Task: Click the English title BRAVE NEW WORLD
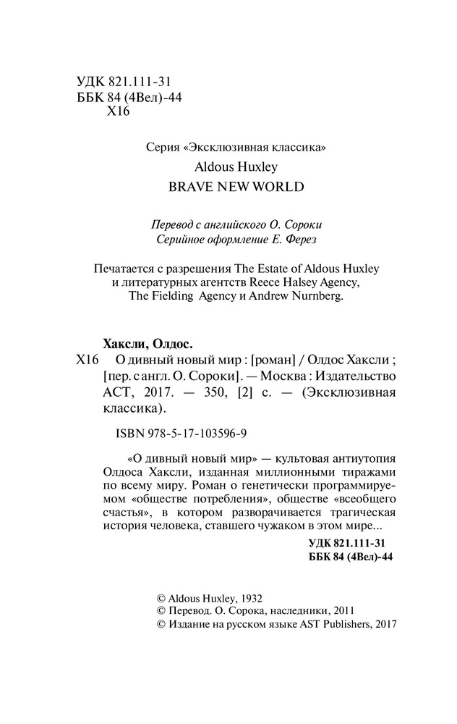[236, 186]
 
